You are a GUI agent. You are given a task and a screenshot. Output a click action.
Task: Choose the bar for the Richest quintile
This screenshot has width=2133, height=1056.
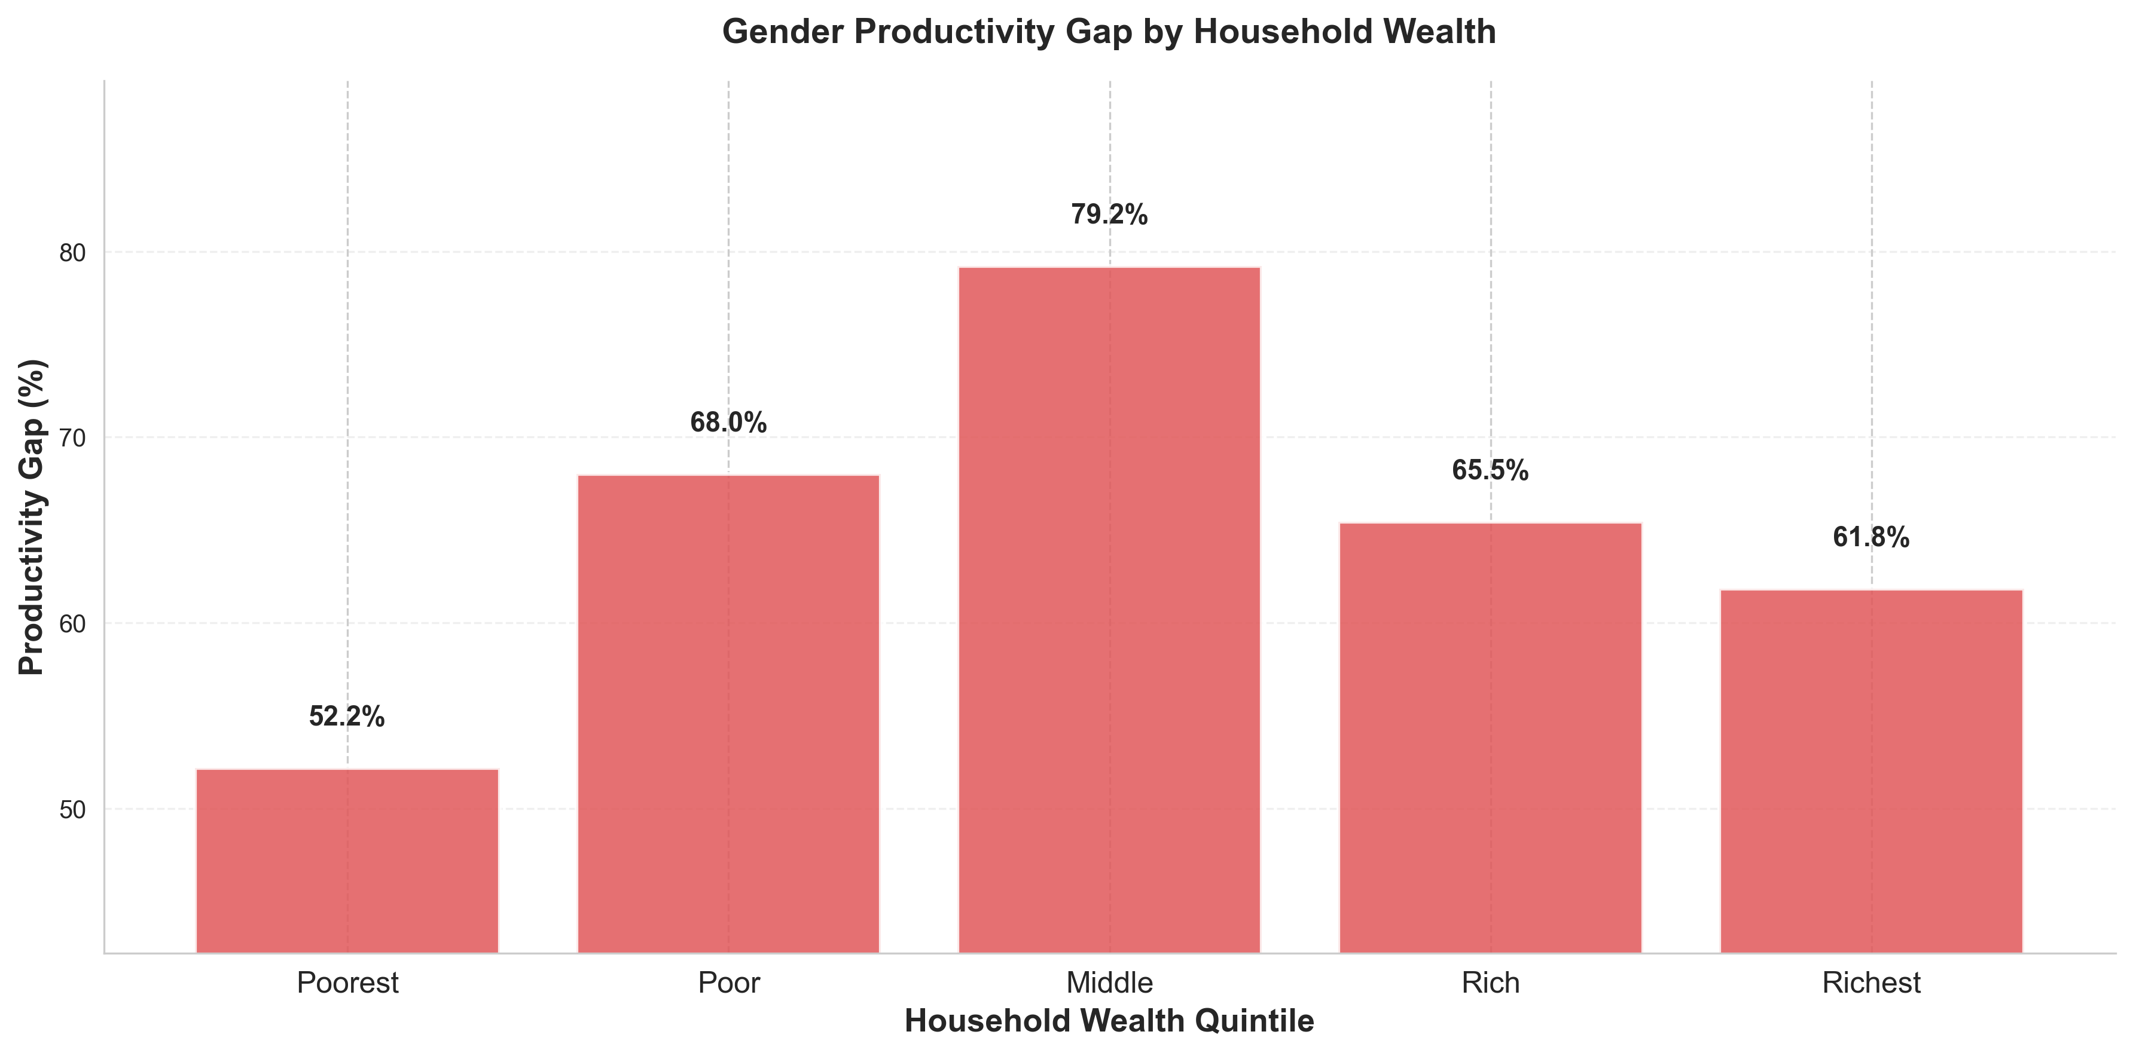(1871, 770)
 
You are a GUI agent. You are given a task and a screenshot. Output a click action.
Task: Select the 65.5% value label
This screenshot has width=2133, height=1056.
(1490, 471)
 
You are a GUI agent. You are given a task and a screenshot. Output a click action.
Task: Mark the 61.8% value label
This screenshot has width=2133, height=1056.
(1871, 538)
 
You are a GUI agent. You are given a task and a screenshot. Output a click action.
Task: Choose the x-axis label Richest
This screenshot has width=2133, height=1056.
(1871, 982)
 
